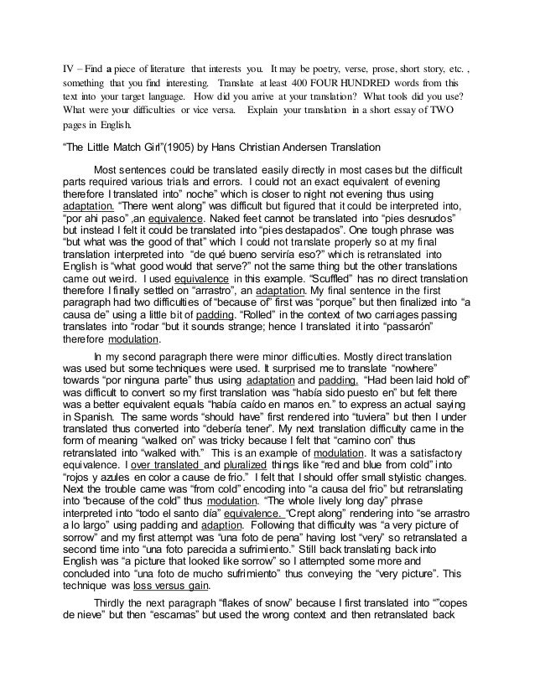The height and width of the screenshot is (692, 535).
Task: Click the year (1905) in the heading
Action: tap(172, 147)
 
